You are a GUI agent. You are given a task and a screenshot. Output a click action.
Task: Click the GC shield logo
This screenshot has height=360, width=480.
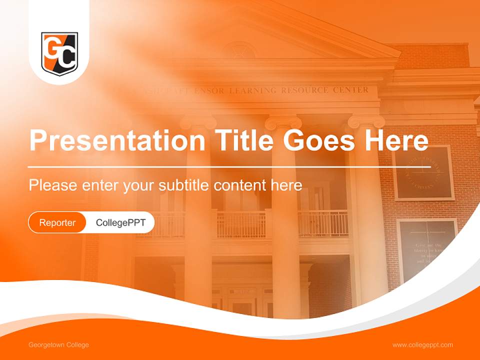tap(59, 54)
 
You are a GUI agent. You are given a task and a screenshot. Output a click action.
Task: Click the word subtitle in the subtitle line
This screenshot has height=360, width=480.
tap(185, 185)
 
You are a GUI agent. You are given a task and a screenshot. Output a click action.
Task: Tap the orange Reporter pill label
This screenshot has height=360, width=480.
tap(57, 222)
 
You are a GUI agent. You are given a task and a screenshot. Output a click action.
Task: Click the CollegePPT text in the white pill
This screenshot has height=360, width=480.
tap(120, 222)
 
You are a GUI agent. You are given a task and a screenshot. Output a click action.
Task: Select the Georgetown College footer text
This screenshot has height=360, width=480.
tap(58, 345)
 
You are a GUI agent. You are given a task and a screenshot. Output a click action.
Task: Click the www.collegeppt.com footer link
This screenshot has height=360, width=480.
tap(422, 345)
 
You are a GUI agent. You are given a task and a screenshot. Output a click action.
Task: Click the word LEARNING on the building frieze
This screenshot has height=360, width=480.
tap(252, 90)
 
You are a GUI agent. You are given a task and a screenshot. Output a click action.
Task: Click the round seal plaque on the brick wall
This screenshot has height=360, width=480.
tap(423, 173)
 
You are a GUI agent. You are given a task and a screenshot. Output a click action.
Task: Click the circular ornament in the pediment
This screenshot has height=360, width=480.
tap(239, 50)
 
